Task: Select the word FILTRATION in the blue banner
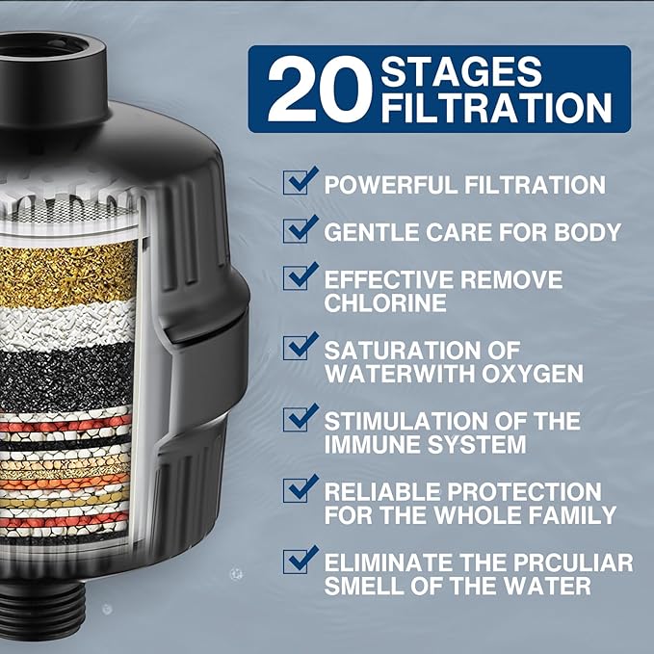click(496, 108)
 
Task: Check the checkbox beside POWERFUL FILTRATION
click(299, 182)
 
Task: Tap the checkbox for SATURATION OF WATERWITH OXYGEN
click(299, 346)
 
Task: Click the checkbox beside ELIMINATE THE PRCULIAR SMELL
click(299, 560)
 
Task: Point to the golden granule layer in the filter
click(67, 274)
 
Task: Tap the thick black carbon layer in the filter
click(67, 376)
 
